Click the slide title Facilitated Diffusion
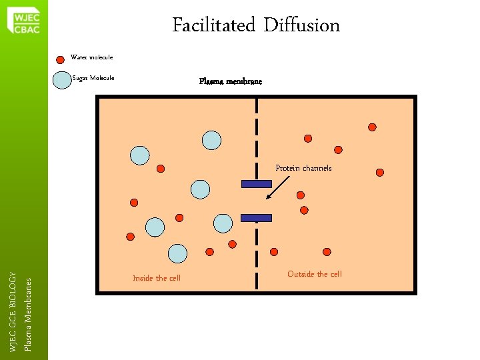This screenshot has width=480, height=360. point(256,25)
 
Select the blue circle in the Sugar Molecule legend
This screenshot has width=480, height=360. point(62,80)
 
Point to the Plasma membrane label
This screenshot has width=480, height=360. point(231,81)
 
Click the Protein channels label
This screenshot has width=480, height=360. point(303,168)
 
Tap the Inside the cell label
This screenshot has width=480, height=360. point(157,278)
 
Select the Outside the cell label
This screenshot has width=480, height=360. point(314,274)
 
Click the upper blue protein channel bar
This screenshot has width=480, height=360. point(256,184)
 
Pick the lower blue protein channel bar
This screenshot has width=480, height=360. point(256,217)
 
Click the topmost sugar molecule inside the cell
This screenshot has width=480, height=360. point(211,140)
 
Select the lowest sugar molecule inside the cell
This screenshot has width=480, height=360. point(177,253)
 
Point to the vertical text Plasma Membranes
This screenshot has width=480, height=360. point(27,314)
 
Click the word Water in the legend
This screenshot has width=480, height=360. point(79,58)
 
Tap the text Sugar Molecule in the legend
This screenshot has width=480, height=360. point(93,78)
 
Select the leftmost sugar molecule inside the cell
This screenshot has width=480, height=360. point(139,155)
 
